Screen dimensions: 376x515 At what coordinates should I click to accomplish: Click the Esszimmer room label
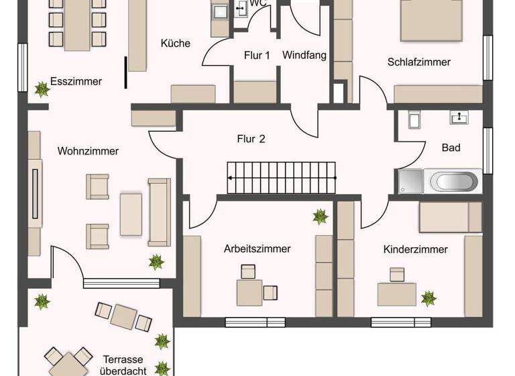76,82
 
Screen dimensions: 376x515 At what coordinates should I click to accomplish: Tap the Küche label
176,44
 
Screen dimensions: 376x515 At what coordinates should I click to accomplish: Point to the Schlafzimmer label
419,62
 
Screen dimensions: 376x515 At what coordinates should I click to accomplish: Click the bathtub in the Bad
454,181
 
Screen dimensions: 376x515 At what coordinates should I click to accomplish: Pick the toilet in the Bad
414,120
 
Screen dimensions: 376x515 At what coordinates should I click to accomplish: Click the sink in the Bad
459,117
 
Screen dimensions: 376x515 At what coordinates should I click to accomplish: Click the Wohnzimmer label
88,151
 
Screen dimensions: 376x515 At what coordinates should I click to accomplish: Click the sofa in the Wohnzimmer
160,212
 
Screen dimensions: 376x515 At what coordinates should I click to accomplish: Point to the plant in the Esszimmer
42,88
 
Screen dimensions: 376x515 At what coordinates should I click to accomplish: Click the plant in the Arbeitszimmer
320,216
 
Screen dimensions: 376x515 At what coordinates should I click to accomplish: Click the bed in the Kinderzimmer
450,217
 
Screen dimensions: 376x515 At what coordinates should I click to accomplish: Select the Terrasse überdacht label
123,365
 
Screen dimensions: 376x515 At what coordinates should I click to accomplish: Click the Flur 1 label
257,56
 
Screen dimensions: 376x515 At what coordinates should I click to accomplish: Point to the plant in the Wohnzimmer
156,261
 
